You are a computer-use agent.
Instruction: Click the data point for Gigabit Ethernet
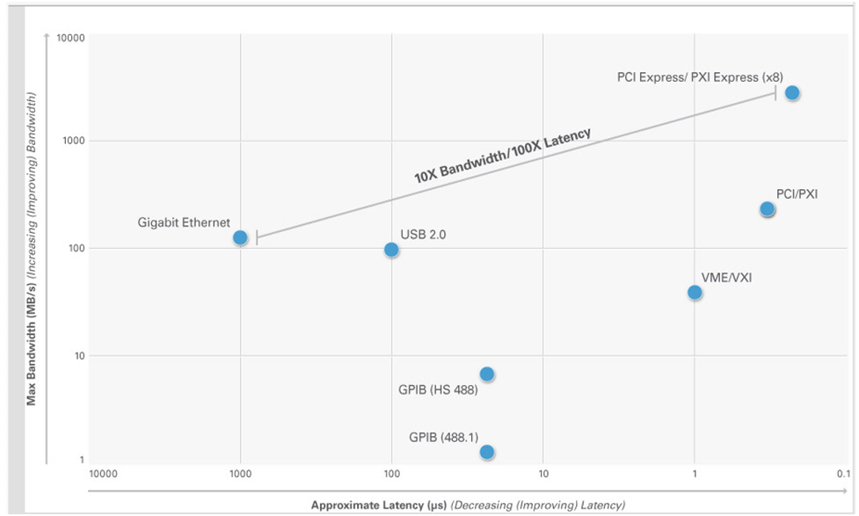point(240,237)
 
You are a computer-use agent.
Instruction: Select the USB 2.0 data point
point(391,250)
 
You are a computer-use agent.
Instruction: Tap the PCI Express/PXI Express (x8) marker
point(792,92)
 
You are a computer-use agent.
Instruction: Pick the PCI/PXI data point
point(767,209)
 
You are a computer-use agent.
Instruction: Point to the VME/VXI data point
point(695,292)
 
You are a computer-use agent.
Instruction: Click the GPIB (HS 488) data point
point(487,374)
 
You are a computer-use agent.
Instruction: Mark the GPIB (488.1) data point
point(487,452)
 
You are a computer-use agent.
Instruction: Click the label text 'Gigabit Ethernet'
point(184,222)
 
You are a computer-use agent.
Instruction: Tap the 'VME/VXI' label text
point(726,278)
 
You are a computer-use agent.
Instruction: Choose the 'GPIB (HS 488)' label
point(438,390)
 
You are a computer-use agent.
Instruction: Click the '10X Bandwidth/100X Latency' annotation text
point(502,156)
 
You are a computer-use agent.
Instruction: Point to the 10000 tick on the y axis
point(69,39)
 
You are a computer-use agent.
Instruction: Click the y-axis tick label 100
point(73,249)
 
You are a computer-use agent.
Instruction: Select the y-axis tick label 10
point(76,356)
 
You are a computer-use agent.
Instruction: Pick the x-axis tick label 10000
point(103,474)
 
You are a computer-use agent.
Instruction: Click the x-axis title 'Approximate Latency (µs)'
point(379,505)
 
